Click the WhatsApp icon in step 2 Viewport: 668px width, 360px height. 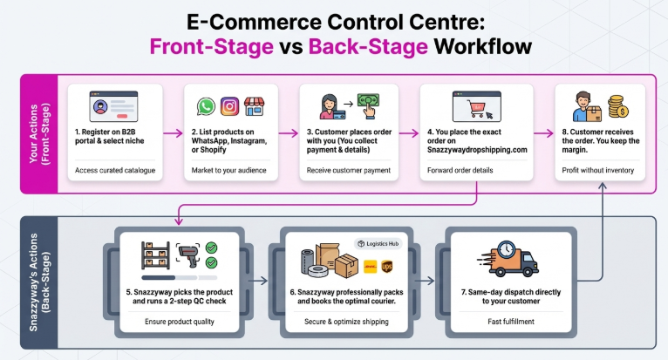coord(206,106)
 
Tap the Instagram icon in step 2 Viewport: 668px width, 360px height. coord(230,106)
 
